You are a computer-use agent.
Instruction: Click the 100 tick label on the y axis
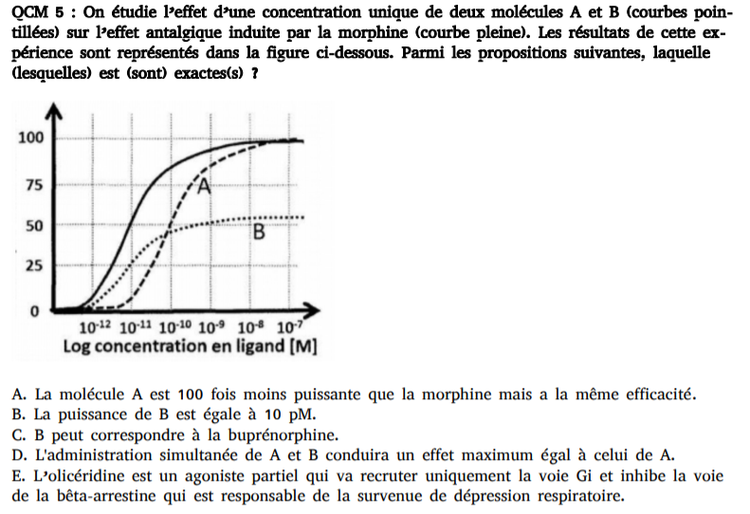(x=30, y=138)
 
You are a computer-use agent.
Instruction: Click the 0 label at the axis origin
(x=34, y=311)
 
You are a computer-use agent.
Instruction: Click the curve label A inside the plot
(x=203, y=185)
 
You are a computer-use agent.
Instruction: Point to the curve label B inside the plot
(x=257, y=232)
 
